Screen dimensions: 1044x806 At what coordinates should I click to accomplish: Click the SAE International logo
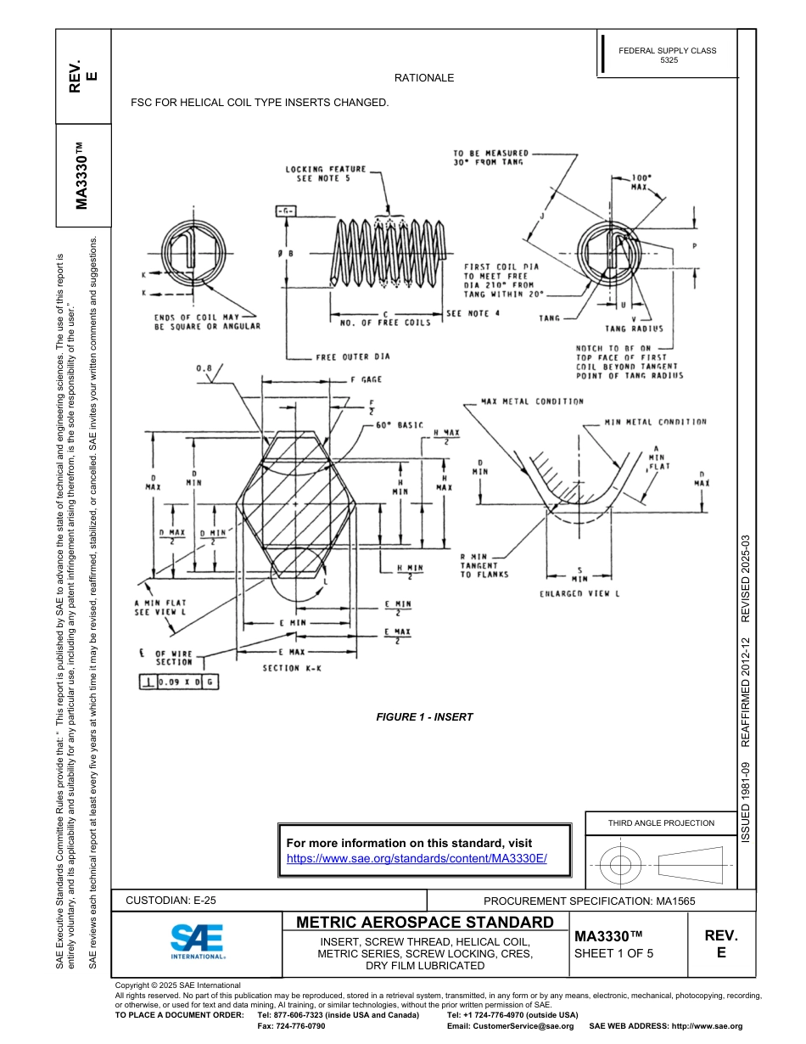(197, 941)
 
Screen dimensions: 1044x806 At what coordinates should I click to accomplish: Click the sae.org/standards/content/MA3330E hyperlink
(417, 858)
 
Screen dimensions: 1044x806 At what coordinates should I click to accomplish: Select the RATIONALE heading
(424, 78)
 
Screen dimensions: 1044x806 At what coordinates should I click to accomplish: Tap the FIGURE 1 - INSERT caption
(424, 717)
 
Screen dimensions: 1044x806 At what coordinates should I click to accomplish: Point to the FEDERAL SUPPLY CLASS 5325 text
(667, 56)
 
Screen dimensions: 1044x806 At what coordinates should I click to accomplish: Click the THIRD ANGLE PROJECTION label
(661, 822)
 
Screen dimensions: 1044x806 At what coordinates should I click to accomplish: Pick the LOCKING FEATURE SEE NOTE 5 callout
(326, 174)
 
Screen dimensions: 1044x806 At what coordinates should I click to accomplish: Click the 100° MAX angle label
(641, 182)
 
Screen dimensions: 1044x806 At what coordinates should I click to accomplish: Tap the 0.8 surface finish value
(204, 368)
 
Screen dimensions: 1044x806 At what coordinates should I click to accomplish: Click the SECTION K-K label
(292, 668)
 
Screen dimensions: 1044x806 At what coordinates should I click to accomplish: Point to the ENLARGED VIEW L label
(579, 594)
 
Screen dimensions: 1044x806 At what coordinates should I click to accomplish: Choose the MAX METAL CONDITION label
(532, 401)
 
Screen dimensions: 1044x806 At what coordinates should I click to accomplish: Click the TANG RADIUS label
(634, 328)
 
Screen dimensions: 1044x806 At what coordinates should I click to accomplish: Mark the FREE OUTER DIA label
(353, 357)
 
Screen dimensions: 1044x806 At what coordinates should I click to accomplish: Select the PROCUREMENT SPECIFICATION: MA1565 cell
(589, 901)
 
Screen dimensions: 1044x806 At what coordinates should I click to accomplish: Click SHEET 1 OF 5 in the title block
(613, 953)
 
